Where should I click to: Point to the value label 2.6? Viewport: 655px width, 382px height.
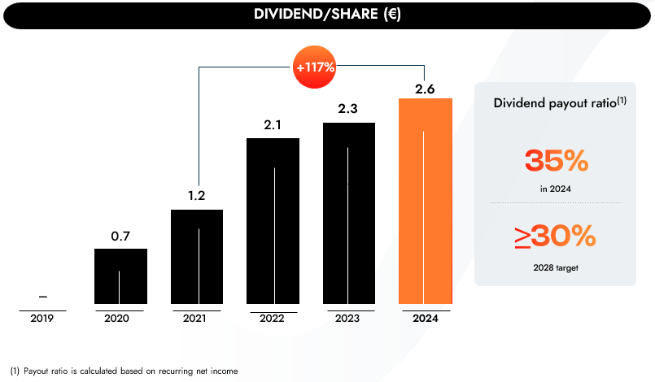[x=425, y=89]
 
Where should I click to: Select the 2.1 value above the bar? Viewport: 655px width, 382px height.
[x=273, y=126]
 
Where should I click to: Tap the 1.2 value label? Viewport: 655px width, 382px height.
[x=196, y=198]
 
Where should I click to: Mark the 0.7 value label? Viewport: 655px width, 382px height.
[x=120, y=237]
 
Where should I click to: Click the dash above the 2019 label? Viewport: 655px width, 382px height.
[x=42, y=296]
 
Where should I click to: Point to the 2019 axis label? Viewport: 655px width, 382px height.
[x=42, y=319]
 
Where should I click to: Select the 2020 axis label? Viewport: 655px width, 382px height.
[x=117, y=319]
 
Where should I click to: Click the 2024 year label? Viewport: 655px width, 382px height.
[x=425, y=319]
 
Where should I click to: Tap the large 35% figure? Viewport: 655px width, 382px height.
[x=556, y=160]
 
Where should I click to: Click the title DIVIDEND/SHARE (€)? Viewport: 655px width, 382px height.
[x=326, y=14]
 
